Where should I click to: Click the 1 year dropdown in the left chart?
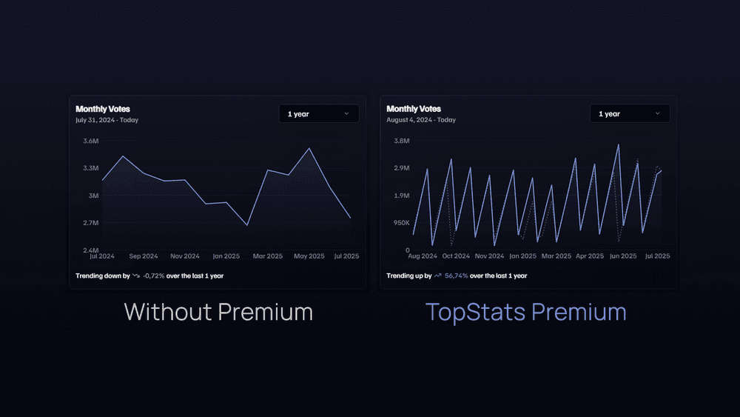[x=319, y=114]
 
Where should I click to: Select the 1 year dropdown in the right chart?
[x=630, y=114]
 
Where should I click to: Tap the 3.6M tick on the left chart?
[x=90, y=141]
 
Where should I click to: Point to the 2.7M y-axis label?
[x=90, y=223]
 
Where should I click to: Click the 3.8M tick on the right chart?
[x=401, y=141]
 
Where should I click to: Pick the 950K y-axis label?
[x=400, y=223]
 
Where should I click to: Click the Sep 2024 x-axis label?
[x=144, y=256]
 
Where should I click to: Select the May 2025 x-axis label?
[x=309, y=256]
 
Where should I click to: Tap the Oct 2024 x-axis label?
[x=456, y=256]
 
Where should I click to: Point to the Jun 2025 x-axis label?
[x=623, y=256]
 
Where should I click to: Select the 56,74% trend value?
[x=456, y=276]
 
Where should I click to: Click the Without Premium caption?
[x=218, y=312]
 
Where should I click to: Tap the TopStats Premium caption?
[x=526, y=312]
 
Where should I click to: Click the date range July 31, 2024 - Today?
[x=107, y=120]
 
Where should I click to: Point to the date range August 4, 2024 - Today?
[x=421, y=120]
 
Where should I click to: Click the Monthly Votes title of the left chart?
[x=103, y=109]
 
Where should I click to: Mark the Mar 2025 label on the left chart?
[x=268, y=256]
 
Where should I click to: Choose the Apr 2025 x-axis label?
[x=590, y=256]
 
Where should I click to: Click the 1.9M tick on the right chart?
[x=401, y=196]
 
